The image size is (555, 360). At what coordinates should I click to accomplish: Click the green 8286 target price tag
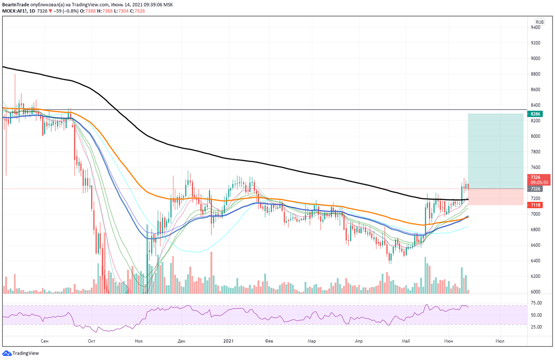[x=536, y=114]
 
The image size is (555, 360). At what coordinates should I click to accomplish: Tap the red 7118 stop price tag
[x=536, y=205]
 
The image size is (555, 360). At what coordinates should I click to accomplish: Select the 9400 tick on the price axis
[x=536, y=27]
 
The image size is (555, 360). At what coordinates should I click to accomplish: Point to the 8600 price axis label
[x=536, y=90]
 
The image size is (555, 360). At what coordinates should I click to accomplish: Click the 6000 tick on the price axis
[x=536, y=292]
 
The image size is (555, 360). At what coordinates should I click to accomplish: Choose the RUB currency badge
[x=539, y=22]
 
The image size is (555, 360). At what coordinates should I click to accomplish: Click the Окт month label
[x=91, y=341]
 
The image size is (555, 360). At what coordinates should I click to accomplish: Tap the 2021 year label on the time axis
[x=228, y=341]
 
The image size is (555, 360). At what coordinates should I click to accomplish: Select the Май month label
[x=407, y=341]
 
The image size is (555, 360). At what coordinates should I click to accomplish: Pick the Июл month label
[x=499, y=341]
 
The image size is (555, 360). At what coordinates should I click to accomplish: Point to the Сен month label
[x=44, y=341]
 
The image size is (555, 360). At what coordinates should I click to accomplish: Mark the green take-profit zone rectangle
[x=496, y=151]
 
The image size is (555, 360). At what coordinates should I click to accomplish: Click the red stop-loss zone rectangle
[x=496, y=197]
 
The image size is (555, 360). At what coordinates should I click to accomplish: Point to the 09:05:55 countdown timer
[x=540, y=183]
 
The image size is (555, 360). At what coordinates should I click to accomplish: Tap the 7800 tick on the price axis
[x=536, y=152]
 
